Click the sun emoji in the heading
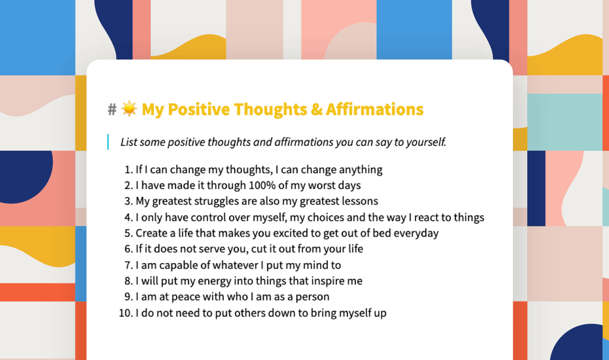pyautogui.click(x=129, y=109)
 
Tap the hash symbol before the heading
pyautogui.click(x=112, y=109)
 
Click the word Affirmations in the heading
pyautogui.click(x=375, y=109)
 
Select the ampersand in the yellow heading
pyautogui.click(x=317, y=109)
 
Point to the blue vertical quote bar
pyautogui.click(x=108, y=142)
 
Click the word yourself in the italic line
pyautogui.click(x=426, y=142)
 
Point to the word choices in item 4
pyautogui.click(x=325, y=217)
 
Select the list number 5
pyautogui.click(x=128, y=233)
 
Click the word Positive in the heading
pyautogui.click(x=199, y=109)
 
